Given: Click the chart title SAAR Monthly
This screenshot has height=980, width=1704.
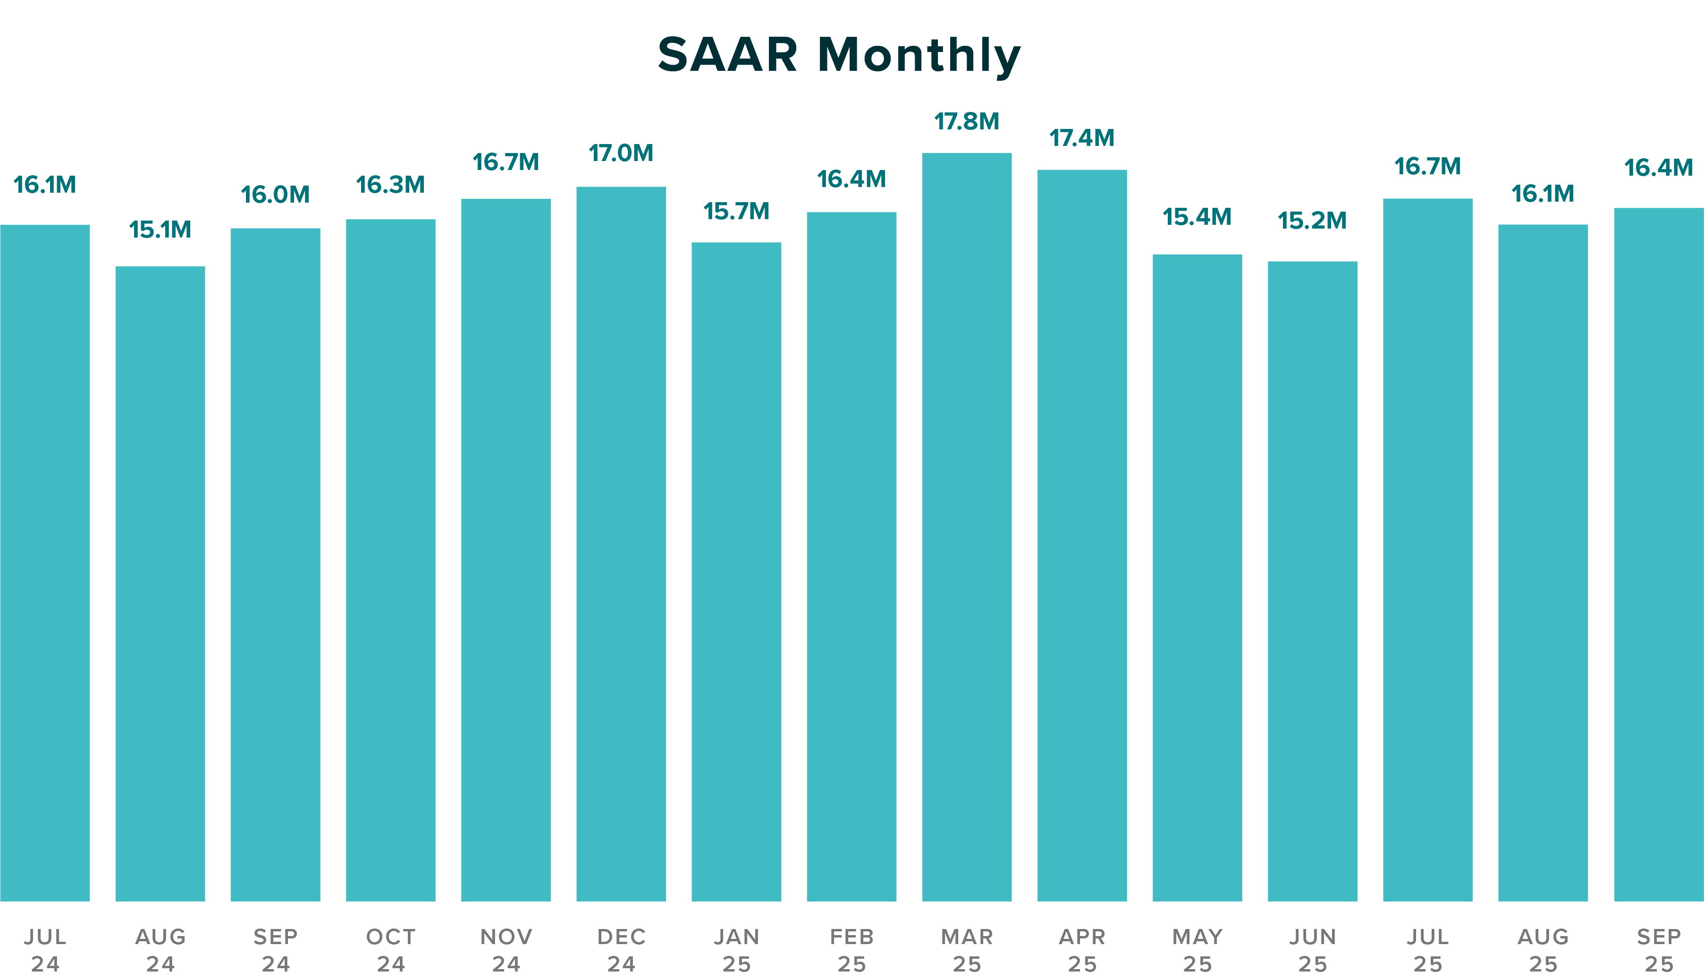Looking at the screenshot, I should pos(839,55).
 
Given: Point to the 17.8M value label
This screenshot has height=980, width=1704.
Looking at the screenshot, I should pos(967,122).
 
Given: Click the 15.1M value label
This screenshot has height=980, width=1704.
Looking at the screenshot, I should pos(160,230).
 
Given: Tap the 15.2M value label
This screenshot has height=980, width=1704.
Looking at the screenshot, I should pos(1313,221).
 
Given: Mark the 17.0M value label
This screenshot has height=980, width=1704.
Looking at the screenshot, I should pos(621,153).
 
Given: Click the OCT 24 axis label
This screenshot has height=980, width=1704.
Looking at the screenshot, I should pos(390,950).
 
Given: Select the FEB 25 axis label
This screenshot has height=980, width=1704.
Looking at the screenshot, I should pos(852,950).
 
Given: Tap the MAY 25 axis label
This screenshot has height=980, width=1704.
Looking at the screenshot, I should pos(1198,950).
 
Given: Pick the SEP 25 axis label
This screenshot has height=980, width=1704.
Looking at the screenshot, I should pos(1658,950).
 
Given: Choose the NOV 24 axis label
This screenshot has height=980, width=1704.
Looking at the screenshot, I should pos(506,950).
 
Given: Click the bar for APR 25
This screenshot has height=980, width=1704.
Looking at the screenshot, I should pos(1082,535).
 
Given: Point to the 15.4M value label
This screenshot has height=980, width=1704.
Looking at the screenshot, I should pos(1198,217).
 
